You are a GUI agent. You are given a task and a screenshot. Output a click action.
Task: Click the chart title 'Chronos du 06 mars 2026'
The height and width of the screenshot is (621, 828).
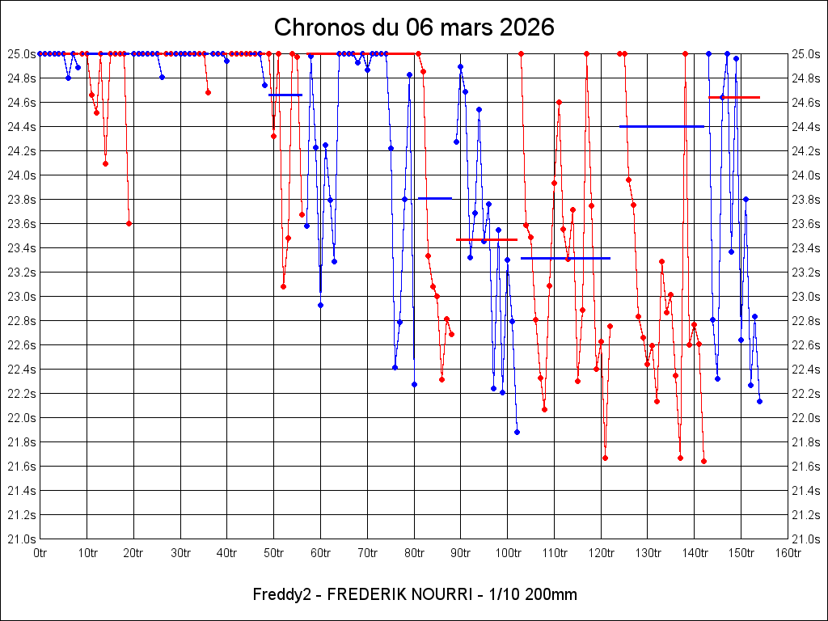414,27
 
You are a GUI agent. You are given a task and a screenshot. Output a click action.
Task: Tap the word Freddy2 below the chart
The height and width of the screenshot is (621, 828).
277,594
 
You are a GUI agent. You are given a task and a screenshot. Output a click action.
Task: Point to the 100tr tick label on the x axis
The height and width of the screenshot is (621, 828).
507,553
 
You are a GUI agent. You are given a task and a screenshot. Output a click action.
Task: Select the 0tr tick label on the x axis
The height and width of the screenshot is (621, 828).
40,553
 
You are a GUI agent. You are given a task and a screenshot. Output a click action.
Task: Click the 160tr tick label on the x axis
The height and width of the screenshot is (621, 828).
788,553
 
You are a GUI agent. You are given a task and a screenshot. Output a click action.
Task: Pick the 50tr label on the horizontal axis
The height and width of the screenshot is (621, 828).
273,553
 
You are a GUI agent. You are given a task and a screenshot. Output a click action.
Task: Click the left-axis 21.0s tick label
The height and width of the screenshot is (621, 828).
22,539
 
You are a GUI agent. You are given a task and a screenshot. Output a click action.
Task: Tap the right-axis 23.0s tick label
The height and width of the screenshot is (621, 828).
805,296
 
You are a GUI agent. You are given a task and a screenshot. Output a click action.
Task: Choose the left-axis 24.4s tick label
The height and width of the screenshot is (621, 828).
22,126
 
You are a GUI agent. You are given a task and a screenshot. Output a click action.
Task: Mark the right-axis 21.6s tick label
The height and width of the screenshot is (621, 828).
805,466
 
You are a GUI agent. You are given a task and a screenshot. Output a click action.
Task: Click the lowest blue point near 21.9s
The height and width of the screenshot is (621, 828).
517,432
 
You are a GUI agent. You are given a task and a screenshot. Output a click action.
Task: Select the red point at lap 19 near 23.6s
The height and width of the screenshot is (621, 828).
129,223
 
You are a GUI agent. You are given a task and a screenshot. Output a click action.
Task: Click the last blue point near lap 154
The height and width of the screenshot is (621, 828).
759,401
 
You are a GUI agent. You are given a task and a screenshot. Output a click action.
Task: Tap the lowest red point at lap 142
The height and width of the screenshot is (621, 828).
703,461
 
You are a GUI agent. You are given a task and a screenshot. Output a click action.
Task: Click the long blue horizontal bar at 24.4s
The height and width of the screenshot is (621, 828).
661,126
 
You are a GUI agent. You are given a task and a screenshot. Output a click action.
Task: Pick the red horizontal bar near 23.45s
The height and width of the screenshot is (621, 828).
487,239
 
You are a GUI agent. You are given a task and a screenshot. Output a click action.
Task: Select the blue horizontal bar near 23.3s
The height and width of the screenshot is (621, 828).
565,258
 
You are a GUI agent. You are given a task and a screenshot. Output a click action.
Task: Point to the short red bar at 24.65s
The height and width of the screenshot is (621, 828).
734,97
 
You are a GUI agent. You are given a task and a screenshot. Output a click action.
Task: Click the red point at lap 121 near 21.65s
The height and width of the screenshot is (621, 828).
605,458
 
